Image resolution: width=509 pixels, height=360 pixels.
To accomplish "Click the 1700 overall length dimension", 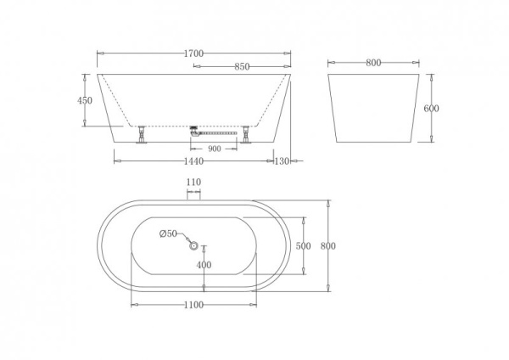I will (x=193, y=53).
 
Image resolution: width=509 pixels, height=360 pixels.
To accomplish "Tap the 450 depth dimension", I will (x=84, y=100).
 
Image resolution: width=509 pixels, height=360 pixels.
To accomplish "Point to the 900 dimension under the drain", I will (x=215, y=149).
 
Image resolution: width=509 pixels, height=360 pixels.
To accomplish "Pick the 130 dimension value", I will (x=283, y=160).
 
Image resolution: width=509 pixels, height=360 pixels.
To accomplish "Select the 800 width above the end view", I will (x=373, y=62).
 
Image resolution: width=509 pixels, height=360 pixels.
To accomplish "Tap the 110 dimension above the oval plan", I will (x=193, y=182).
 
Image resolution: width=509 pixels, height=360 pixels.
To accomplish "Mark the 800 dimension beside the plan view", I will (x=328, y=246).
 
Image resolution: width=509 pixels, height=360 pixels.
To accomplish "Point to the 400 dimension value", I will (x=204, y=265).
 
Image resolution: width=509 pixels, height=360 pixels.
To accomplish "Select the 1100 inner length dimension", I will (x=193, y=305).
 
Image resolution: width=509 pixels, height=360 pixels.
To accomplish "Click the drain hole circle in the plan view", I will (x=193, y=246).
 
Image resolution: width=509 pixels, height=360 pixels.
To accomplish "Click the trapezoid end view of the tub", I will (x=373, y=108).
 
